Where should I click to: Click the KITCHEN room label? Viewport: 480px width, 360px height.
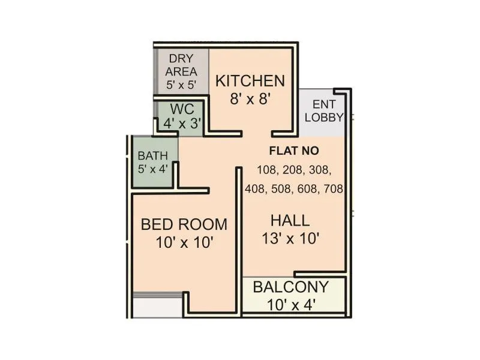click(250, 81)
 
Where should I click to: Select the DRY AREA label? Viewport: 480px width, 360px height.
click(181, 65)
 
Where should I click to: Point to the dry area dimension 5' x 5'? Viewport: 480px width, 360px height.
click(181, 85)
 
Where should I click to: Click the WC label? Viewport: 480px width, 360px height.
click(181, 110)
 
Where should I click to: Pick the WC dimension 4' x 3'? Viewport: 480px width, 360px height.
click(182, 124)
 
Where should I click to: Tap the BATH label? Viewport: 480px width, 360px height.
click(153, 156)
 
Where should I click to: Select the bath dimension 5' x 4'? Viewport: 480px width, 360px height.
click(153, 169)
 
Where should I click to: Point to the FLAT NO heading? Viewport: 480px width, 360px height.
click(294, 151)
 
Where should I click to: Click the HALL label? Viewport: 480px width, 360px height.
click(290, 220)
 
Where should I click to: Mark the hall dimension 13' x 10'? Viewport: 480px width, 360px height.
click(290, 238)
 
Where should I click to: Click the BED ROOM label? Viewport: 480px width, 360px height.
click(184, 225)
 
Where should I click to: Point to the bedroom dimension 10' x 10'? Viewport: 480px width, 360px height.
click(184, 243)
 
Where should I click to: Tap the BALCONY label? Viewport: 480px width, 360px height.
click(290, 287)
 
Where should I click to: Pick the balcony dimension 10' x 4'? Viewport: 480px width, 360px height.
click(290, 304)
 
